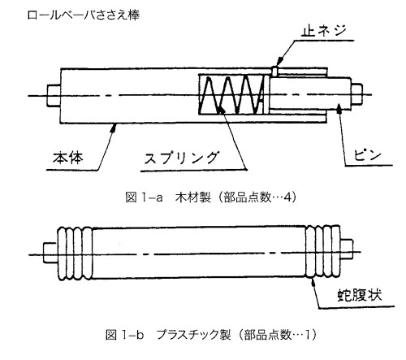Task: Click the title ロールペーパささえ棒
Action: point(84,15)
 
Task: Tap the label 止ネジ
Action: point(324,31)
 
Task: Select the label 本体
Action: point(68,158)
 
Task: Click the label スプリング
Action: point(181,158)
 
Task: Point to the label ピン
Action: point(367,156)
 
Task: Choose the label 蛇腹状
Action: point(360,294)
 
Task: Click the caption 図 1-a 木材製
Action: point(168,197)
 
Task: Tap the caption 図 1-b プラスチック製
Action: point(168,335)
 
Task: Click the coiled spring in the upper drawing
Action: point(231,95)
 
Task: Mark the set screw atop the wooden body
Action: point(274,71)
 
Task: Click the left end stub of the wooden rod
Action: point(54,95)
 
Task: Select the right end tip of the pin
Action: point(357,94)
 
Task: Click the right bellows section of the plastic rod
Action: point(323,252)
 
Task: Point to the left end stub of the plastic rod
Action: point(50,253)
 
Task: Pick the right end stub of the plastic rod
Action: point(346,249)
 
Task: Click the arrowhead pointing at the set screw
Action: point(281,60)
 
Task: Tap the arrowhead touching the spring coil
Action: point(221,110)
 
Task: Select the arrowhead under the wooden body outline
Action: point(114,128)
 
